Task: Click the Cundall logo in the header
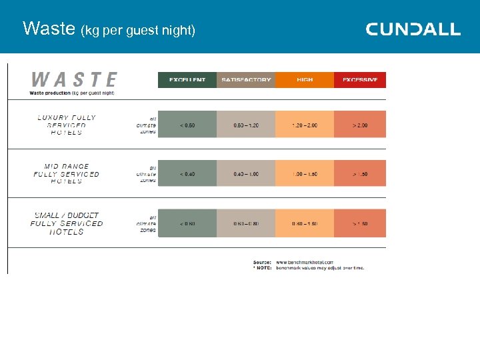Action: (x=413, y=29)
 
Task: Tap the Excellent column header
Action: (x=187, y=80)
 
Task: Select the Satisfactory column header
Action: (x=245, y=80)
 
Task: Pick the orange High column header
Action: (x=304, y=80)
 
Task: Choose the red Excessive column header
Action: (x=360, y=80)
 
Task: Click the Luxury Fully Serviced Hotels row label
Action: (x=67, y=125)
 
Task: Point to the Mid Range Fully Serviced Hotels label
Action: (x=67, y=173)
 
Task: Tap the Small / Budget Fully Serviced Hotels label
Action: (x=67, y=223)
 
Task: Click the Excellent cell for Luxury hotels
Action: (x=187, y=125)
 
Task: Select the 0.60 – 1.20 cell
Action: (x=245, y=125)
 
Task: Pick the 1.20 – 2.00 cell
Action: (x=304, y=125)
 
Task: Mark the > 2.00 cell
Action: (x=360, y=125)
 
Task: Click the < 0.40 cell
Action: (x=187, y=174)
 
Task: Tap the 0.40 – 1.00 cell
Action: (x=245, y=174)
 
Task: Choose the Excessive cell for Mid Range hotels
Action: (x=360, y=174)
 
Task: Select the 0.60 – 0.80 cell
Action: (x=245, y=223)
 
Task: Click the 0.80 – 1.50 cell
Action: (x=304, y=223)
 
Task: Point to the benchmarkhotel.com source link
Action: (x=305, y=263)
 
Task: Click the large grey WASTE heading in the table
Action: (x=74, y=80)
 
